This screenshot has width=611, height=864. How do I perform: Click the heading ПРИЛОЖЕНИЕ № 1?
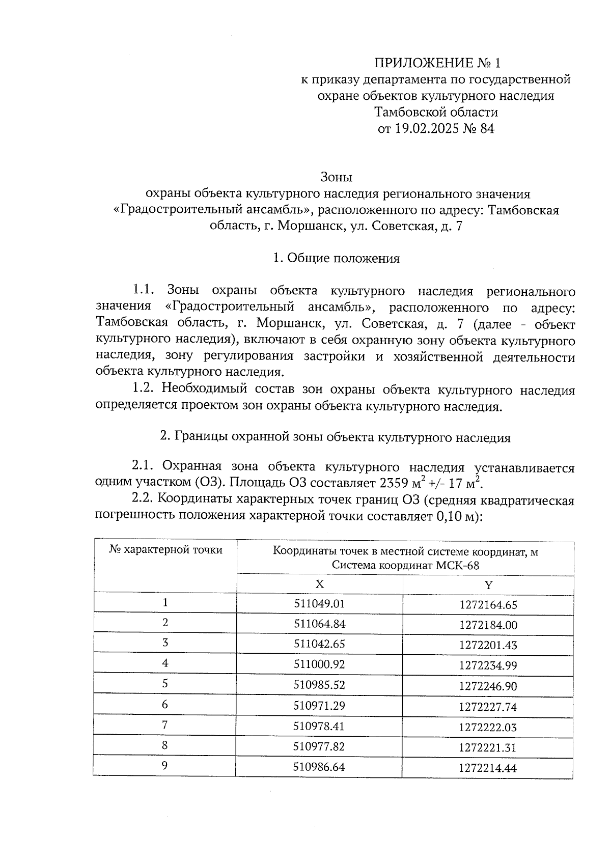(x=437, y=63)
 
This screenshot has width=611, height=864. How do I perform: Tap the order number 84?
(x=487, y=128)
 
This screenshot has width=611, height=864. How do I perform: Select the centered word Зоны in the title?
(x=337, y=177)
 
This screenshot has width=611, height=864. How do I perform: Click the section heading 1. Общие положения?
(x=336, y=258)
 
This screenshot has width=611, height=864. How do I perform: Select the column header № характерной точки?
(x=165, y=550)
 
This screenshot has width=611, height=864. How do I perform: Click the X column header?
(x=319, y=584)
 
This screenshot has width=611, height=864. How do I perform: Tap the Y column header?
(x=488, y=585)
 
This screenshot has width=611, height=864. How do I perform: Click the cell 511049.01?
(x=319, y=604)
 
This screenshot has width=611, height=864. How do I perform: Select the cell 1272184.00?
(x=488, y=625)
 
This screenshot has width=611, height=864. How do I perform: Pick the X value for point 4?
(x=319, y=664)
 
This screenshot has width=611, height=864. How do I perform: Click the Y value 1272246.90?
(x=488, y=686)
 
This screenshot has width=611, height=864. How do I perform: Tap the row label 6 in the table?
(x=165, y=705)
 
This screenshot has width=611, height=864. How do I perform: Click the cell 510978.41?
(x=319, y=726)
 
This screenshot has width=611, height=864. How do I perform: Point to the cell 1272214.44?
(x=488, y=768)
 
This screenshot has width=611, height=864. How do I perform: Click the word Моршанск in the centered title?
(x=309, y=226)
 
